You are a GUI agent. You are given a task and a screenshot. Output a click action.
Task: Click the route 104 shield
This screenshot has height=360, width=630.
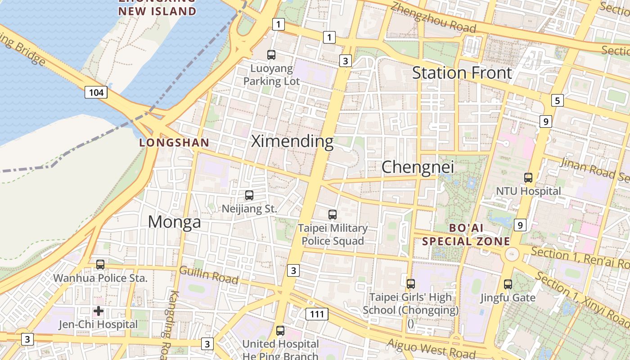(96, 93)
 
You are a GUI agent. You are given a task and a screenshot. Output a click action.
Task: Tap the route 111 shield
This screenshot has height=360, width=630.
(317, 314)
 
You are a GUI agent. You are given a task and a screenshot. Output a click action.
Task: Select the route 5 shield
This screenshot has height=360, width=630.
(558, 100)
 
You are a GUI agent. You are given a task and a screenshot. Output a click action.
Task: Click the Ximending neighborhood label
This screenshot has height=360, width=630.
(292, 141)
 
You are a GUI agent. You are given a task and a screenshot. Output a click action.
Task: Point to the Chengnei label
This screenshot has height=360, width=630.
(418, 167)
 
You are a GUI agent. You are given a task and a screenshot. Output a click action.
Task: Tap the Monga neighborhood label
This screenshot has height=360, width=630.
(174, 222)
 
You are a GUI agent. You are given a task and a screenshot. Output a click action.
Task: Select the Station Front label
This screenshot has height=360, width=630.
(462, 72)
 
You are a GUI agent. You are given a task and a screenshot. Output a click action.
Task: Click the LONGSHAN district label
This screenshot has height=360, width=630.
(174, 143)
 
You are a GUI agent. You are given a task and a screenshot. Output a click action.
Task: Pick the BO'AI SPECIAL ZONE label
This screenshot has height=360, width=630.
(466, 234)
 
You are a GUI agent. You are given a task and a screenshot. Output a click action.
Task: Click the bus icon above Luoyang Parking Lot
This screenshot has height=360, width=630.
(271, 55)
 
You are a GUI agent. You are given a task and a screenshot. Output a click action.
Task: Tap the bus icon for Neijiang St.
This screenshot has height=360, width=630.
(249, 195)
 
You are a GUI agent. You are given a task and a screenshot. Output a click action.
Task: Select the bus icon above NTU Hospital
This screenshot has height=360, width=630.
(528, 178)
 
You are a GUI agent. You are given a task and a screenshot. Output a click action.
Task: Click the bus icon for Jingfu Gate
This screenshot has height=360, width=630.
(508, 284)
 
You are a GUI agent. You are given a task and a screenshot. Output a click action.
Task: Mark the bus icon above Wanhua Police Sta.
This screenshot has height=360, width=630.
(100, 265)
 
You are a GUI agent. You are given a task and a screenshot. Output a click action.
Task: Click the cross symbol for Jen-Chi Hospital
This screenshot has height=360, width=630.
(99, 311)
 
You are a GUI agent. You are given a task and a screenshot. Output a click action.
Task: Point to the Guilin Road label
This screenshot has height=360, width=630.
(209, 275)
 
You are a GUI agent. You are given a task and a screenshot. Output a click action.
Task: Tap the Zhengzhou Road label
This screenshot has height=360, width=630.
(433, 18)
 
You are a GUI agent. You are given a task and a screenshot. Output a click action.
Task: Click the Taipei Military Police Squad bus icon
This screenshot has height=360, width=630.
(333, 215)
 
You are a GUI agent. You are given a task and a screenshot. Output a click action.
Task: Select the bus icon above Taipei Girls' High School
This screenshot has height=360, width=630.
(410, 284)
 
